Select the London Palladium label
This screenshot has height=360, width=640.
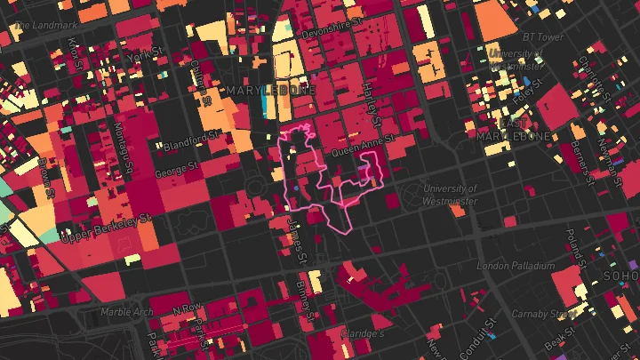pos(516,266)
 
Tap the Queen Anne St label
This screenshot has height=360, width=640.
pos(356,152)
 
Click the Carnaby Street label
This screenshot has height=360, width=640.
pos(542,314)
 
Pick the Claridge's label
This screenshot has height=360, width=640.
pos(363,333)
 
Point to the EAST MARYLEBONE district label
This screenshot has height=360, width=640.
pos(514,129)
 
